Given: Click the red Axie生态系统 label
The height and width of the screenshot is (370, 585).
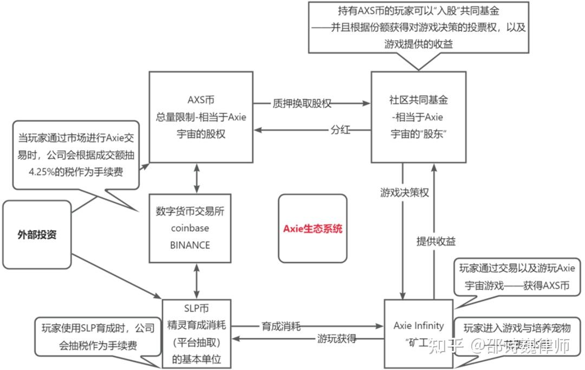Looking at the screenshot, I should [x=313, y=228].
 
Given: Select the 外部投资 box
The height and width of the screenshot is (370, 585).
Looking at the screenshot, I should [x=37, y=235].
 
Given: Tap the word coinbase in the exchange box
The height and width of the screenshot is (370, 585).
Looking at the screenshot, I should [x=190, y=228].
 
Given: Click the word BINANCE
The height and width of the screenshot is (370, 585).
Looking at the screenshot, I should [x=190, y=245].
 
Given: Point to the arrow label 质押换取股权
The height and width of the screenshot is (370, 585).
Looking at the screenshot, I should [x=302, y=103].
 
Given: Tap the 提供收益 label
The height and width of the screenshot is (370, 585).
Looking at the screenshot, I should [x=436, y=242].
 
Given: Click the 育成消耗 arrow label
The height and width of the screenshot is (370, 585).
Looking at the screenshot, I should [x=281, y=327].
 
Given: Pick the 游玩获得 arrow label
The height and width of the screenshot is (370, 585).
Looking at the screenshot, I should [x=336, y=339].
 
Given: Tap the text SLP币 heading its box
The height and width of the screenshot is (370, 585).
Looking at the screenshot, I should [x=196, y=309].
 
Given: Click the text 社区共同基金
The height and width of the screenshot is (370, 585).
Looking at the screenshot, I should [x=419, y=100].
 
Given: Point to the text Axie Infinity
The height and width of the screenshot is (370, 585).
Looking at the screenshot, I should [x=419, y=326].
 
